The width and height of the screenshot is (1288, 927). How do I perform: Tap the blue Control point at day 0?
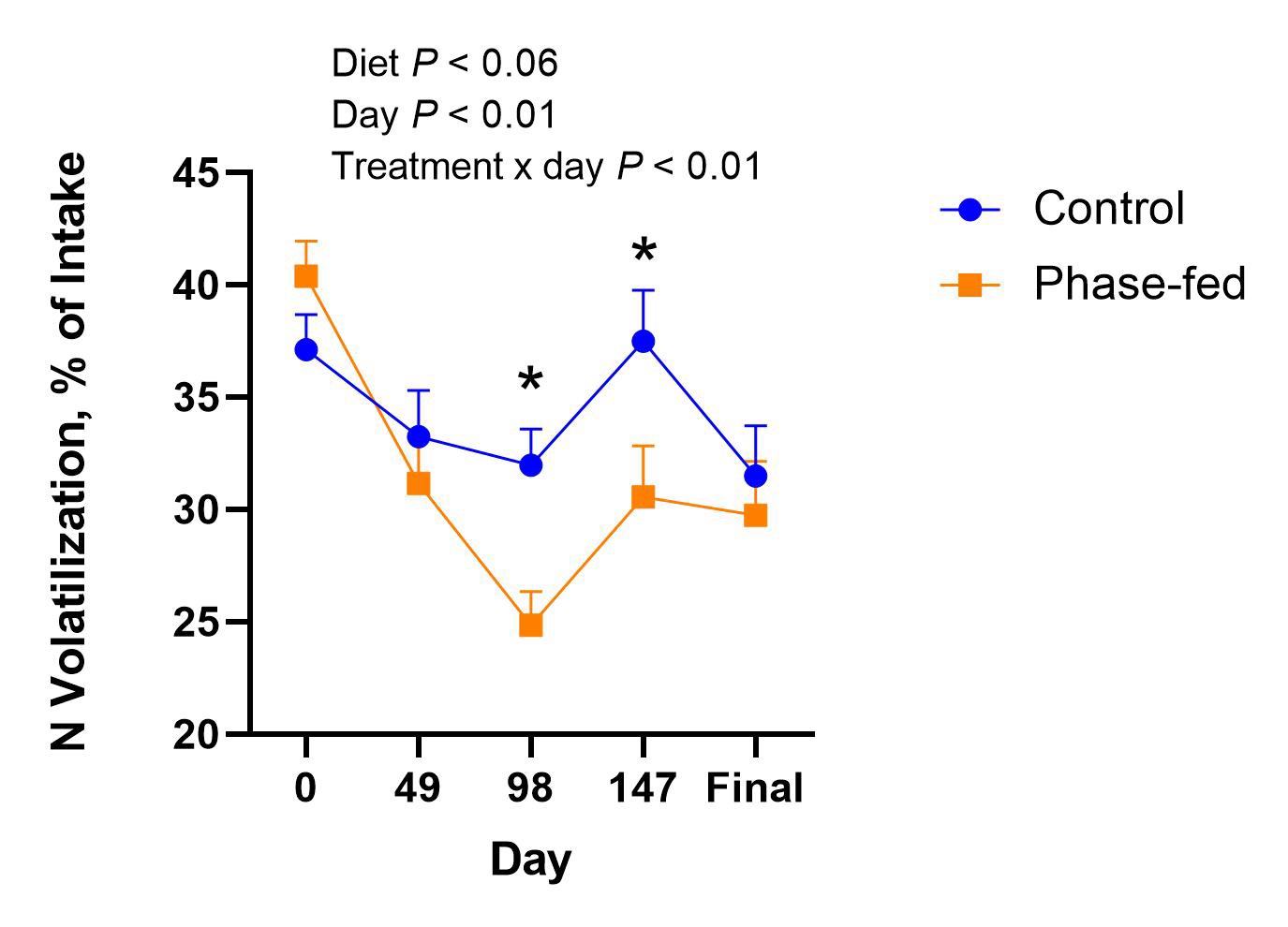click(305, 349)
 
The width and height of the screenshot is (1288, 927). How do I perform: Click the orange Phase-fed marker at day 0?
click(305, 275)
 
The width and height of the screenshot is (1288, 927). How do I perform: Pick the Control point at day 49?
click(418, 436)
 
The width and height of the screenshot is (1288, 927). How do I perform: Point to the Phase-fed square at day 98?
click(530, 625)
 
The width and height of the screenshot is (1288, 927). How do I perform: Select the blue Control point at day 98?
click(530, 464)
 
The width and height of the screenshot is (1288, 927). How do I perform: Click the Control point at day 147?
click(643, 341)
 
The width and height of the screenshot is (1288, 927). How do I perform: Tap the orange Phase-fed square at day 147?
click(643, 496)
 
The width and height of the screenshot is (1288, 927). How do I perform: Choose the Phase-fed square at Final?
click(755, 515)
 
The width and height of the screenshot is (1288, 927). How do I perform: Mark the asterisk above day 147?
click(644, 251)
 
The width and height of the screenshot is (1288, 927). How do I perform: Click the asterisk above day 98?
click(530, 381)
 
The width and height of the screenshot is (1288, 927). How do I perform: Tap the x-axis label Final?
click(754, 788)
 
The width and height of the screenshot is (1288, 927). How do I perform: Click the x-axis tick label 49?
click(418, 788)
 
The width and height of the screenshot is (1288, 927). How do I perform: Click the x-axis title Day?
click(530, 860)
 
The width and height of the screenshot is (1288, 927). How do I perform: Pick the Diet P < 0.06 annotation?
click(444, 64)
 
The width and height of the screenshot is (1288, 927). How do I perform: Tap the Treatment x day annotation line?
click(546, 167)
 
